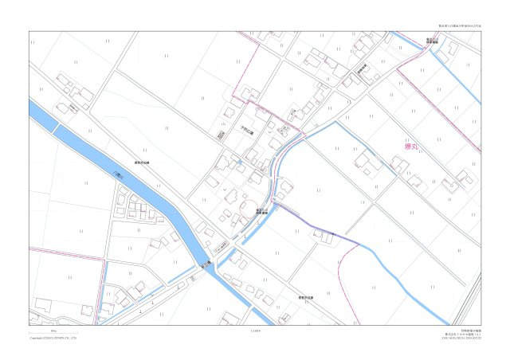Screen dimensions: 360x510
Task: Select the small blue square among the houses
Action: pyautogui.click(x=240, y=163)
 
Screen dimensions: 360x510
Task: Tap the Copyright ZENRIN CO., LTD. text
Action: pyautogui.click(x=53, y=338)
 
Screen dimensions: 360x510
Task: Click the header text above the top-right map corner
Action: pyautogui.click(x=460, y=26)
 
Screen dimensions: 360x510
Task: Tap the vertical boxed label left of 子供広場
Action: pyautogui.click(x=221, y=136)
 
